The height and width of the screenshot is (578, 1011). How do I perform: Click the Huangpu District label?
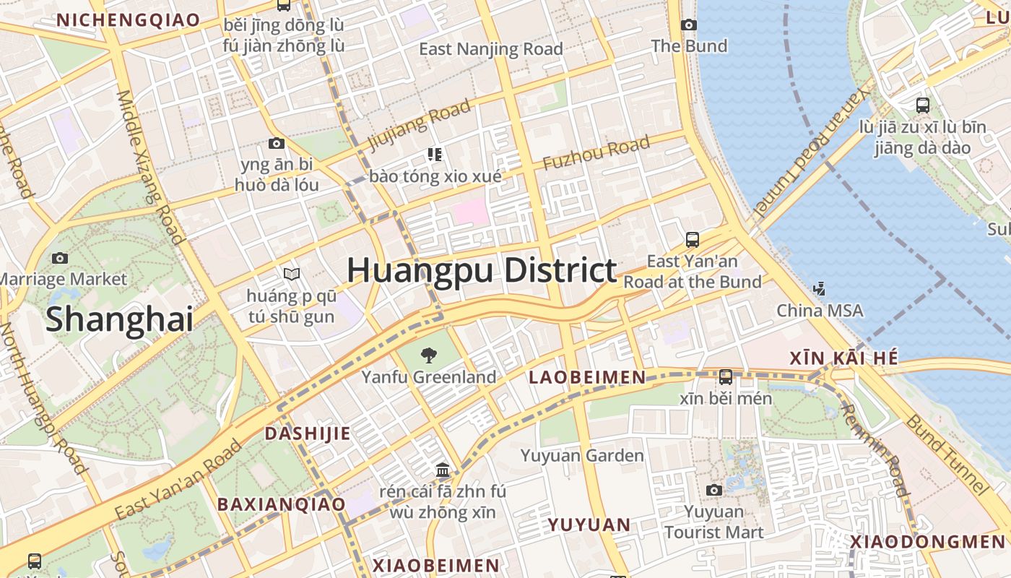pos(482,271)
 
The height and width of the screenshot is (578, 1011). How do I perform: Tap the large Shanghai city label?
pos(120,319)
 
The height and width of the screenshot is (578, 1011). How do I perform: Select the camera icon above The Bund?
pos(689,25)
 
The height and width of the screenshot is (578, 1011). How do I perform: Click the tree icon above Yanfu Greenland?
pos(429,355)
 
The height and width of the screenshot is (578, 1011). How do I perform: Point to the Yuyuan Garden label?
pos(582,456)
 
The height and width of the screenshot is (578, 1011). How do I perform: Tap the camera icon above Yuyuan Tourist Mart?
pos(714,491)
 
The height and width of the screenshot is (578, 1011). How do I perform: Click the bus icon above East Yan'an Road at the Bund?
pos(692,239)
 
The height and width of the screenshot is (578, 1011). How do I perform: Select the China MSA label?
pos(820,311)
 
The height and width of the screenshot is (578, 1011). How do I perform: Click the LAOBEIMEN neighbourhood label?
pos(587,377)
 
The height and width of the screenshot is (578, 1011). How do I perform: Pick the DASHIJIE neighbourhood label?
pos(308,433)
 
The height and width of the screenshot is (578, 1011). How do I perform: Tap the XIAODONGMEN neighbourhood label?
pos(927,542)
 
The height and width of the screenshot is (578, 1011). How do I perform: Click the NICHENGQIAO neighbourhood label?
pos(128,20)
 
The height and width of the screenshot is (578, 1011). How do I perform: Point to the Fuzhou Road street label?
pos(596,154)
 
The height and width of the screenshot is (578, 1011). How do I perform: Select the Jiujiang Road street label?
pos(420,124)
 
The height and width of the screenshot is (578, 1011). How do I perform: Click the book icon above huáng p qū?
pos(292,275)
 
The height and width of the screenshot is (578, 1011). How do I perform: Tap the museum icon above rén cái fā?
pos(443,471)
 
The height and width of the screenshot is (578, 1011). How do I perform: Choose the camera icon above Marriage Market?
pos(60,258)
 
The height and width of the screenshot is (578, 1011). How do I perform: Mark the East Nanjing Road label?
pos(491,49)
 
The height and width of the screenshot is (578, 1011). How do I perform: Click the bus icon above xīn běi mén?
pos(726,376)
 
